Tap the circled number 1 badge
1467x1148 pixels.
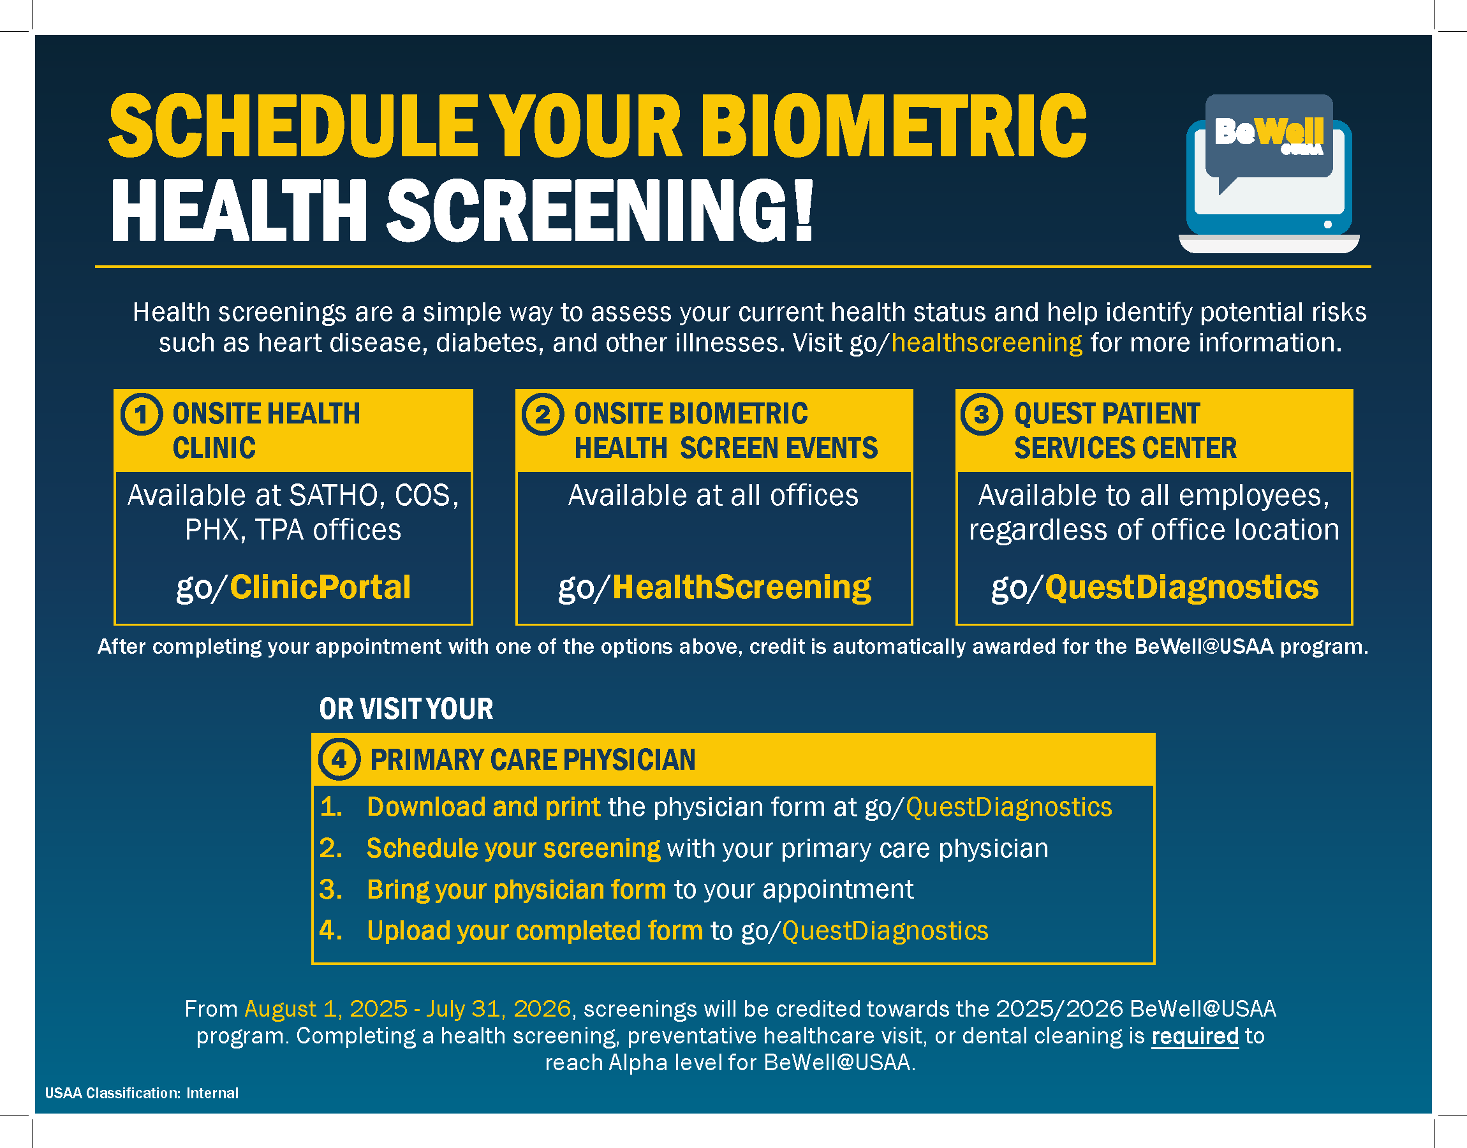tap(141, 414)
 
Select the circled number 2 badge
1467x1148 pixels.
tap(542, 414)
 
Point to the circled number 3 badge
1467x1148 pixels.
tap(981, 414)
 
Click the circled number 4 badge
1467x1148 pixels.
tap(339, 760)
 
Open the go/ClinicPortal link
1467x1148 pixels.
tap(293, 587)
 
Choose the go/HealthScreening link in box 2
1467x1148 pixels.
tap(714, 587)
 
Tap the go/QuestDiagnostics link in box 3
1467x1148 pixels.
tap(1154, 587)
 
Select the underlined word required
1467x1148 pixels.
tap(1195, 1036)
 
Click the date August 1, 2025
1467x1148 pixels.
tap(326, 1009)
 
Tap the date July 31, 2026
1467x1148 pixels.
tap(499, 1009)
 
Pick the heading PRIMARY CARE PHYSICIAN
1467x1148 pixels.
tap(533, 760)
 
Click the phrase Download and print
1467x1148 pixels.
tap(484, 807)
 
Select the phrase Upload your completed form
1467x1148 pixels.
tap(535, 931)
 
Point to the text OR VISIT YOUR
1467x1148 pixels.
tap(406, 709)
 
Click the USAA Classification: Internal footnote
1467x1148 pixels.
tap(142, 1093)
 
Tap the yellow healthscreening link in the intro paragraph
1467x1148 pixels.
tap(987, 342)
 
